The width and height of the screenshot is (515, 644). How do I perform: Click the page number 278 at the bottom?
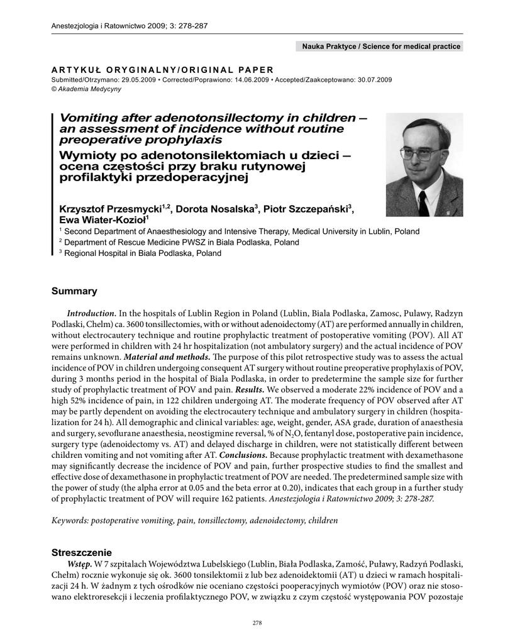pos(257,623)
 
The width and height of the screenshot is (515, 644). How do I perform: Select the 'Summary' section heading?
pos(74,291)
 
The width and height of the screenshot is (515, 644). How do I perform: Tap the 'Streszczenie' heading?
pos(82,552)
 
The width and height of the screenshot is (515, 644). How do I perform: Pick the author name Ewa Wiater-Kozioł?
pos(101,219)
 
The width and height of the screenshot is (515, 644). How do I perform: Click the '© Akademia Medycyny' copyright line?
pos(83,89)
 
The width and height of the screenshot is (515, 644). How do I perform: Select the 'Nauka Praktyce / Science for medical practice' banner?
pos(381,47)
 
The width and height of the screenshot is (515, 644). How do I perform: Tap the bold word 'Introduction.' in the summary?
pos(91,313)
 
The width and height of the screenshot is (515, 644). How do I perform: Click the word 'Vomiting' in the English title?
pos(87,118)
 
